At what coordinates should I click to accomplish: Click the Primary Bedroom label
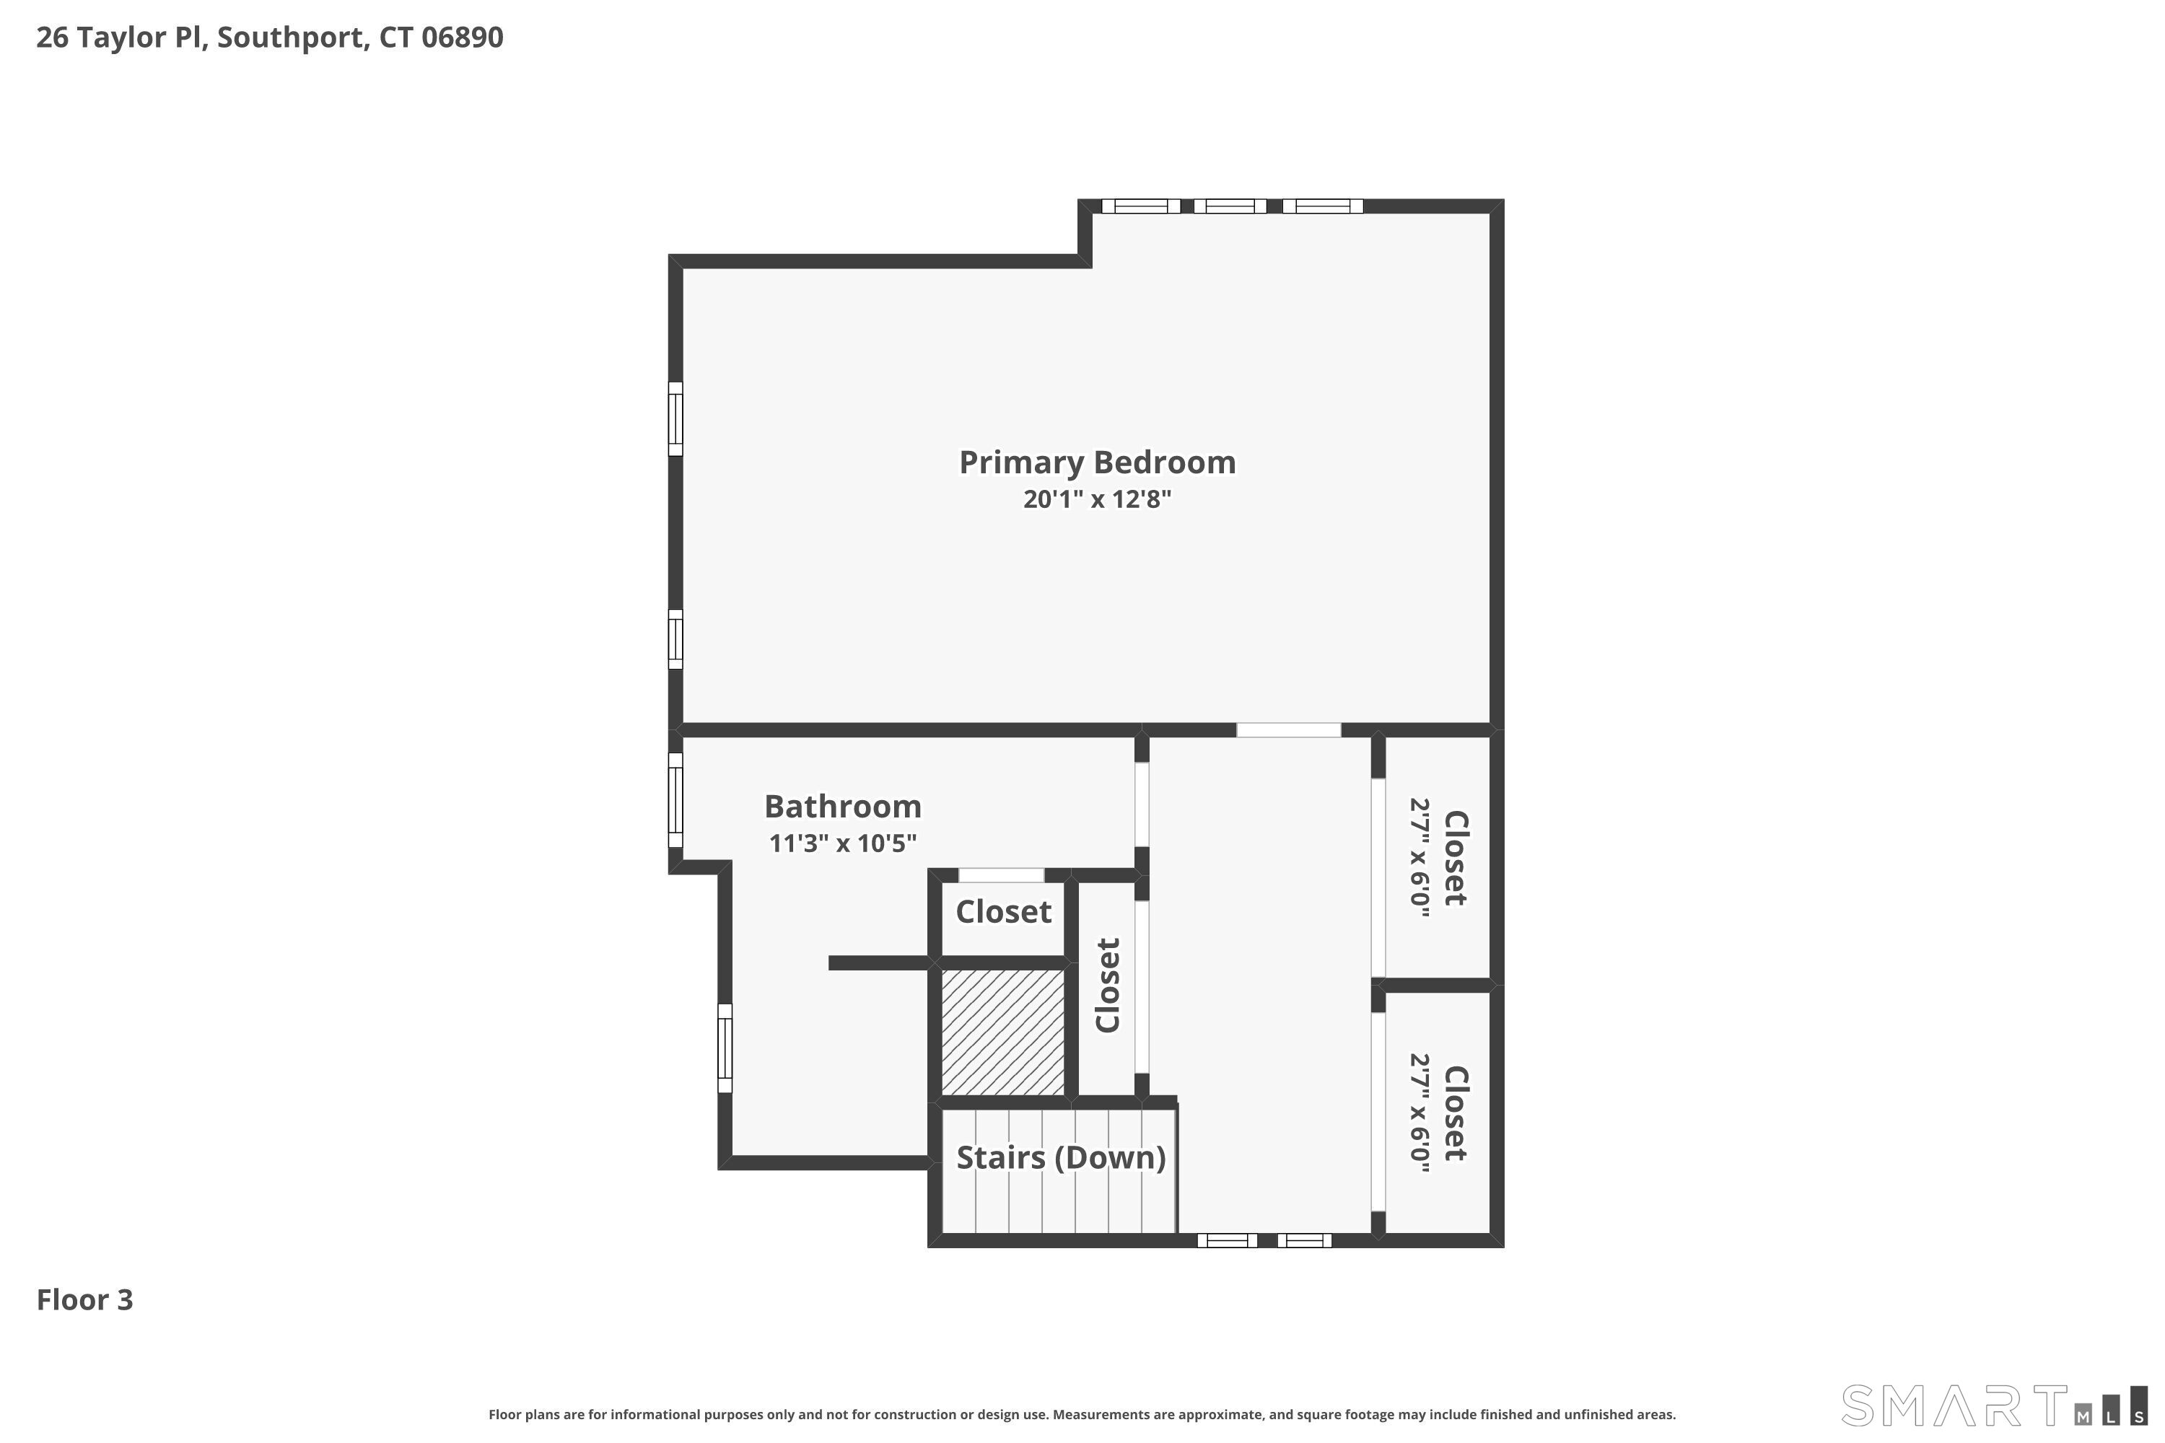click(x=1097, y=462)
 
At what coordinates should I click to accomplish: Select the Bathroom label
click(x=842, y=806)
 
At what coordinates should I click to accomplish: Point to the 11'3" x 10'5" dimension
click(x=842, y=843)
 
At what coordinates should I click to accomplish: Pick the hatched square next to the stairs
click(x=1002, y=1032)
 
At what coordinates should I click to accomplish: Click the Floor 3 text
click(x=84, y=1300)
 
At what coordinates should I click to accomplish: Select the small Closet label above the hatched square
click(x=1003, y=912)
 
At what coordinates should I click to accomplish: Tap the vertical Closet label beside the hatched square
click(x=1107, y=986)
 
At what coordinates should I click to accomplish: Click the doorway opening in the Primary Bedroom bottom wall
click(x=1289, y=729)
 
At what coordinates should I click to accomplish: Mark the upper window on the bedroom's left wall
click(x=675, y=418)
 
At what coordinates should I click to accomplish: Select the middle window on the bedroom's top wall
click(x=1230, y=206)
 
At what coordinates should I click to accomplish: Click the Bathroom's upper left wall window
click(x=675, y=799)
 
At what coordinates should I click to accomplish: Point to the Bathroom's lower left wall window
click(x=725, y=1048)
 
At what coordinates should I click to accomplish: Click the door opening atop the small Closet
click(x=1002, y=875)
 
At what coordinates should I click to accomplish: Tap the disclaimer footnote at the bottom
click(x=1082, y=1414)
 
